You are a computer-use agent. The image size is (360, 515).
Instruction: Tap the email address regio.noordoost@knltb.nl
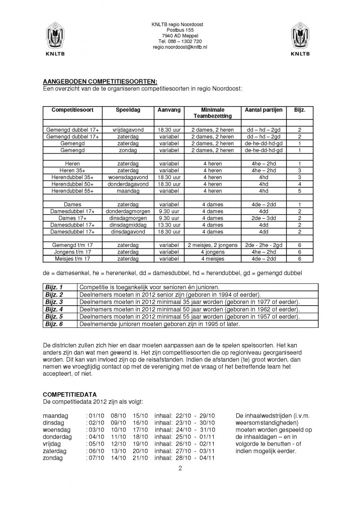(x=180, y=47)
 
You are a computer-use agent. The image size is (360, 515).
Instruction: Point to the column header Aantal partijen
(x=263, y=110)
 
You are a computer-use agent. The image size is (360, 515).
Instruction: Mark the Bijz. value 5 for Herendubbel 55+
(x=300, y=191)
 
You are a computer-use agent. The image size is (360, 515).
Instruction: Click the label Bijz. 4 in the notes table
(x=54, y=309)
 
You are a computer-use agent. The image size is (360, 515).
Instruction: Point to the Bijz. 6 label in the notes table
(x=54, y=324)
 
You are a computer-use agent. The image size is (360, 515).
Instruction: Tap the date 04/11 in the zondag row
(x=207, y=458)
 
